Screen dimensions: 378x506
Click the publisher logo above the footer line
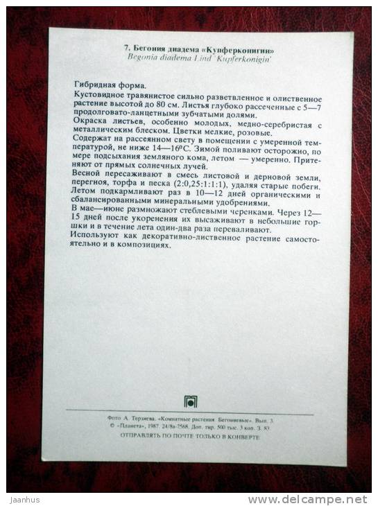pyautogui.click(x=189, y=401)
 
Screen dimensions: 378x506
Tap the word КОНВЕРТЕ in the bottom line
pyautogui.click(x=243, y=437)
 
